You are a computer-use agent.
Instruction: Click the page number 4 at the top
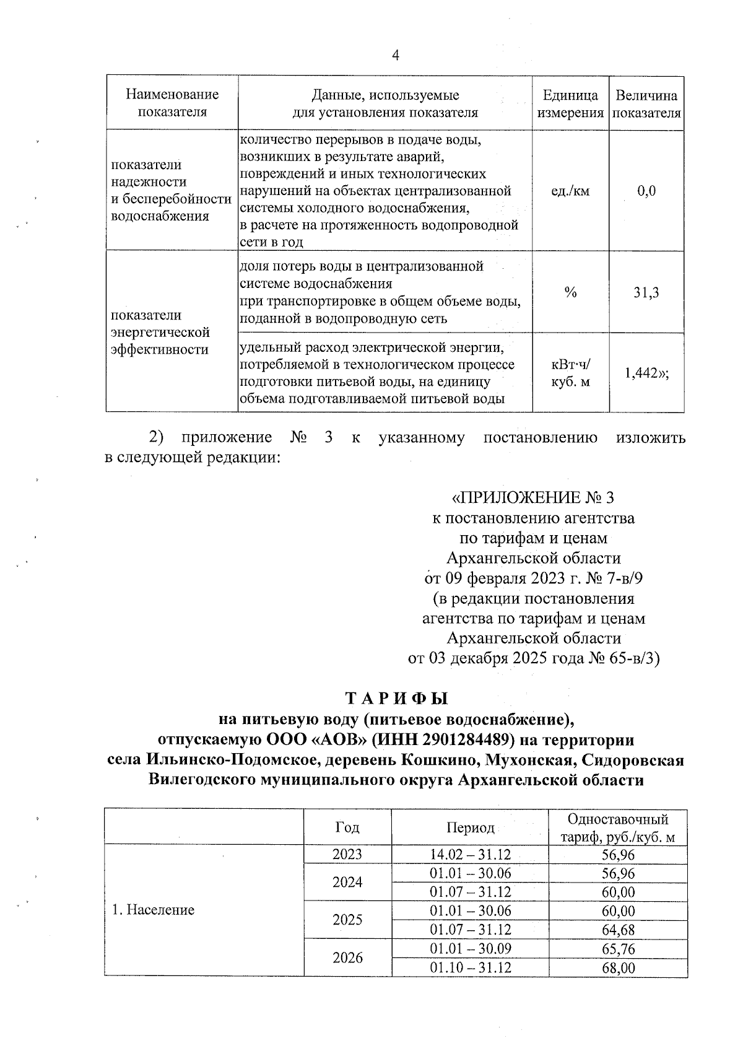point(396,56)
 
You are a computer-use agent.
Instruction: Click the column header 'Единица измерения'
point(570,103)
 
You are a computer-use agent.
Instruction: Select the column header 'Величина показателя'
point(646,103)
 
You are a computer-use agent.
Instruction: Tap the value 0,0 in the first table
point(646,191)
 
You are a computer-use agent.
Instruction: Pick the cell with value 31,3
point(646,292)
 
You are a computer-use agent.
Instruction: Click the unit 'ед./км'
point(570,191)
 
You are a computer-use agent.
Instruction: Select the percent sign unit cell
point(570,292)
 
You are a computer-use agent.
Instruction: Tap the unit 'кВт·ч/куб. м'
point(570,373)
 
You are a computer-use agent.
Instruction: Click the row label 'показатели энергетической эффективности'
point(160,332)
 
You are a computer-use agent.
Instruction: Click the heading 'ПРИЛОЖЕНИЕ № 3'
point(532,497)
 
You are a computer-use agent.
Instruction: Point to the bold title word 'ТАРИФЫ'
point(396,699)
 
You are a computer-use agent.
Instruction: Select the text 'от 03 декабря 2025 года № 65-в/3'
point(534,658)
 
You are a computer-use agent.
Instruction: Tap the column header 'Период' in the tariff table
point(471,828)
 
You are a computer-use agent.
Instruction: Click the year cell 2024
point(347,882)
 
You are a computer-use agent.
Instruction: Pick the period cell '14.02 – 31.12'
point(471,855)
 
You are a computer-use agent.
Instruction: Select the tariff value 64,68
point(618,930)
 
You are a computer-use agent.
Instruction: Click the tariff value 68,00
point(618,967)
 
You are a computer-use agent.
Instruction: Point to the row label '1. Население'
point(153,910)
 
